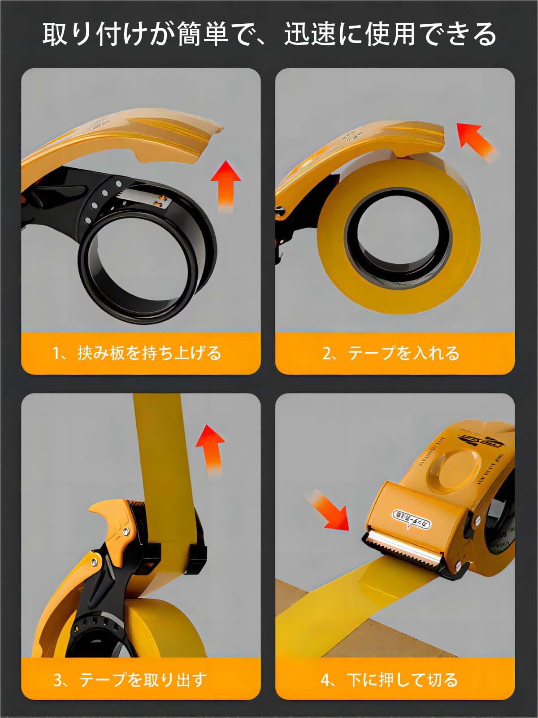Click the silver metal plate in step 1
[x=143, y=197]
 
